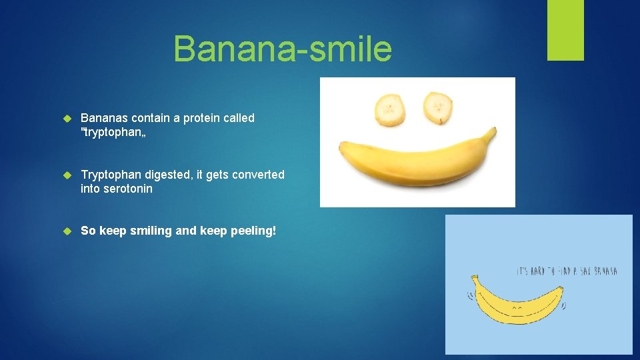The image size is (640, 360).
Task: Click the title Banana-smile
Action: [283, 49]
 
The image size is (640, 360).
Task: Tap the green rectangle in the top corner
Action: [565, 30]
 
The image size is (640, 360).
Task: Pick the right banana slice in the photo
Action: [438, 107]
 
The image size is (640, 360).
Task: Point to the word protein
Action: [197, 118]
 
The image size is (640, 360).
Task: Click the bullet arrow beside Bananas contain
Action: [66, 119]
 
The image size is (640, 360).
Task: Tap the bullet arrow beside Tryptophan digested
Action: [66, 175]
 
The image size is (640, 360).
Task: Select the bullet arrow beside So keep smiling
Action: [66, 231]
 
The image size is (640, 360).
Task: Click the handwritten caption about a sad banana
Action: [567, 271]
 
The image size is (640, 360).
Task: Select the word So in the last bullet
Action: [88, 231]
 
